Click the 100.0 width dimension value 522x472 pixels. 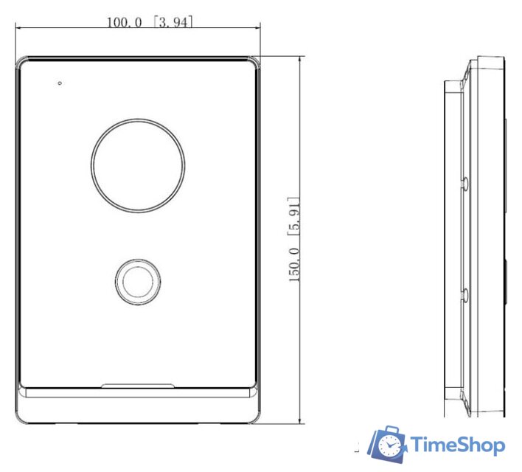click(x=124, y=23)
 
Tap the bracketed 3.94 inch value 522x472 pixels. click(x=173, y=22)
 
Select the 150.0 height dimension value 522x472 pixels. click(x=294, y=265)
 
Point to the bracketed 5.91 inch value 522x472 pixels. click(x=294, y=217)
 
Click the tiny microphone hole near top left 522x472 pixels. click(x=60, y=83)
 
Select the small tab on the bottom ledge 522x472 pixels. click(x=137, y=386)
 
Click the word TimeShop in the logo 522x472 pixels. click(x=457, y=445)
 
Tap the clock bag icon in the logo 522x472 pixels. click(x=388, y=444)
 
